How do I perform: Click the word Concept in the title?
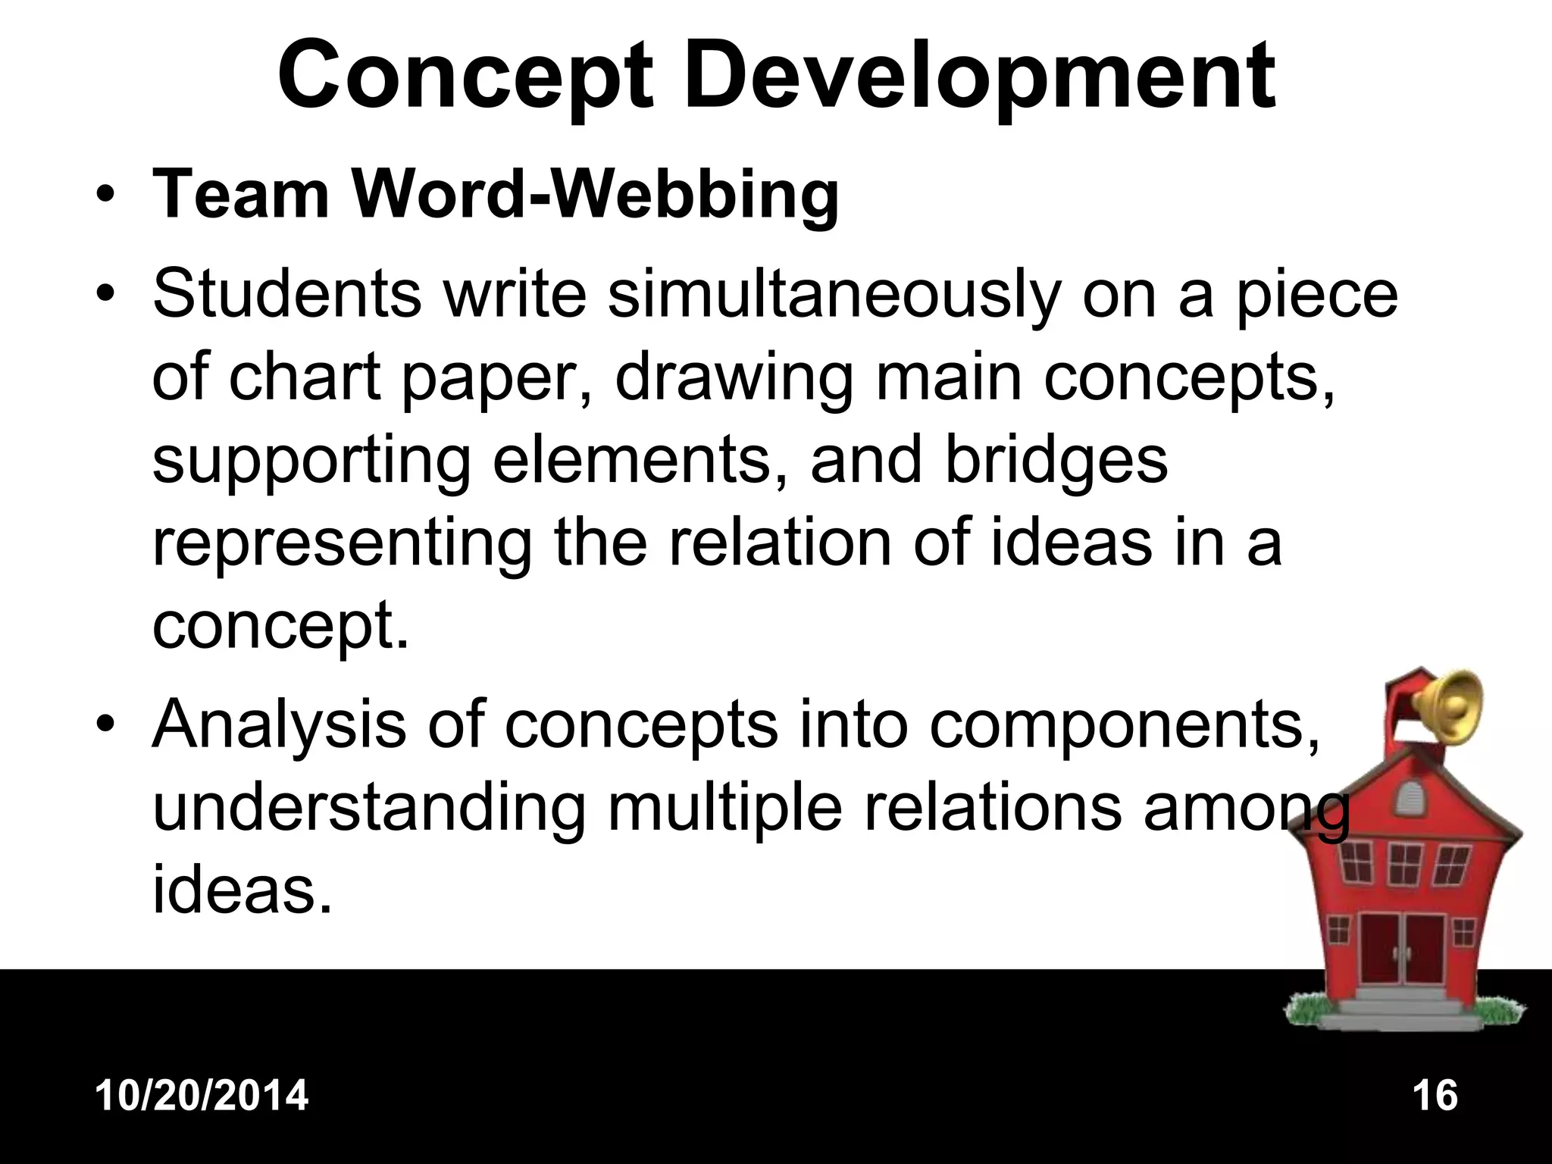(465, 77)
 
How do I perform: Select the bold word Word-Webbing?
(596, 196)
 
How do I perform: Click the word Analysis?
(279, 724)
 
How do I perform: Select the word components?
(1125, 724)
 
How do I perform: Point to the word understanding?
(369, 808)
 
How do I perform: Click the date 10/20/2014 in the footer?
(202, 1096)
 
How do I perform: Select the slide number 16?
(1435, 1096)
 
